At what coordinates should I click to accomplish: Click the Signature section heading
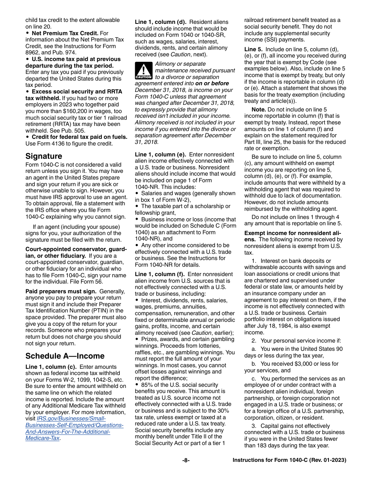point(43,156)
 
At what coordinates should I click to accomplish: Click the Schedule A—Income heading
point(65,356)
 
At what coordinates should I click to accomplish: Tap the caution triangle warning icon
point(143,71)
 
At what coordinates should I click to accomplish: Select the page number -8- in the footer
point(186,460)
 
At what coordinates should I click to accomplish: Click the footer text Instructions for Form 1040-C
point(289,460)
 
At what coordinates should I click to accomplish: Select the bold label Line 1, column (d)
point(161,22)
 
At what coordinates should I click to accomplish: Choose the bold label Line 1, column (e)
point(161,155)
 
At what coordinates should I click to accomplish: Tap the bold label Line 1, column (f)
point(160,275)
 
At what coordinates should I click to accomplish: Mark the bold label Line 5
point(253,49)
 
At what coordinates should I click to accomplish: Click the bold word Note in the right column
point(258,110)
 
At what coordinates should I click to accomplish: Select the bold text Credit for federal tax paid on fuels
point(79,137)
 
